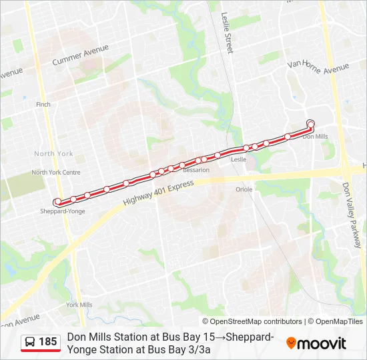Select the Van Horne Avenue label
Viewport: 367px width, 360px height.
tap(318, 65)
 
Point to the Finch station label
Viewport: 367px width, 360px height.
tap(43, 105)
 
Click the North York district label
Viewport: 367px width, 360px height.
tap(53, 153)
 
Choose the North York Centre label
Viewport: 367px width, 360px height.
tap(55, 172)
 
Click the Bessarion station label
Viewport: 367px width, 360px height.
tap(196, 170)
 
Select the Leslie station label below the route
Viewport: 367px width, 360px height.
tap(238, 160)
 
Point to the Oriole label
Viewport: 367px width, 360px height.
tap(244, 189)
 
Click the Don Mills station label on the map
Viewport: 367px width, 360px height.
tap(315, 137)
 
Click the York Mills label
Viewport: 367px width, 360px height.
tap(79, 305)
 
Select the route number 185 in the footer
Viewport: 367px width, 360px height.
tap(48, 342)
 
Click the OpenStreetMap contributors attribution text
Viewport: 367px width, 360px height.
tap(252, 321)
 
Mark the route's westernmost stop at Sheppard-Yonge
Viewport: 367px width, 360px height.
tap(58, 201)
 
